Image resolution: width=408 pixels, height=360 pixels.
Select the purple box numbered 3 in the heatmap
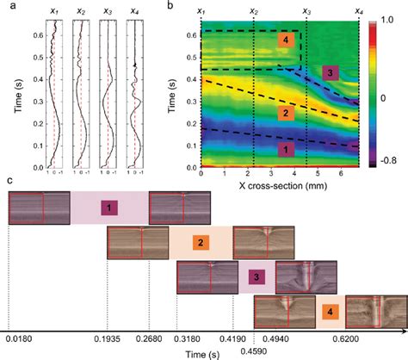(329, 74)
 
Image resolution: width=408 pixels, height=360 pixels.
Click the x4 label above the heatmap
(358, 10)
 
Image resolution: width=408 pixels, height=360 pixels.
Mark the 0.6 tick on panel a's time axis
(23, 34)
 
